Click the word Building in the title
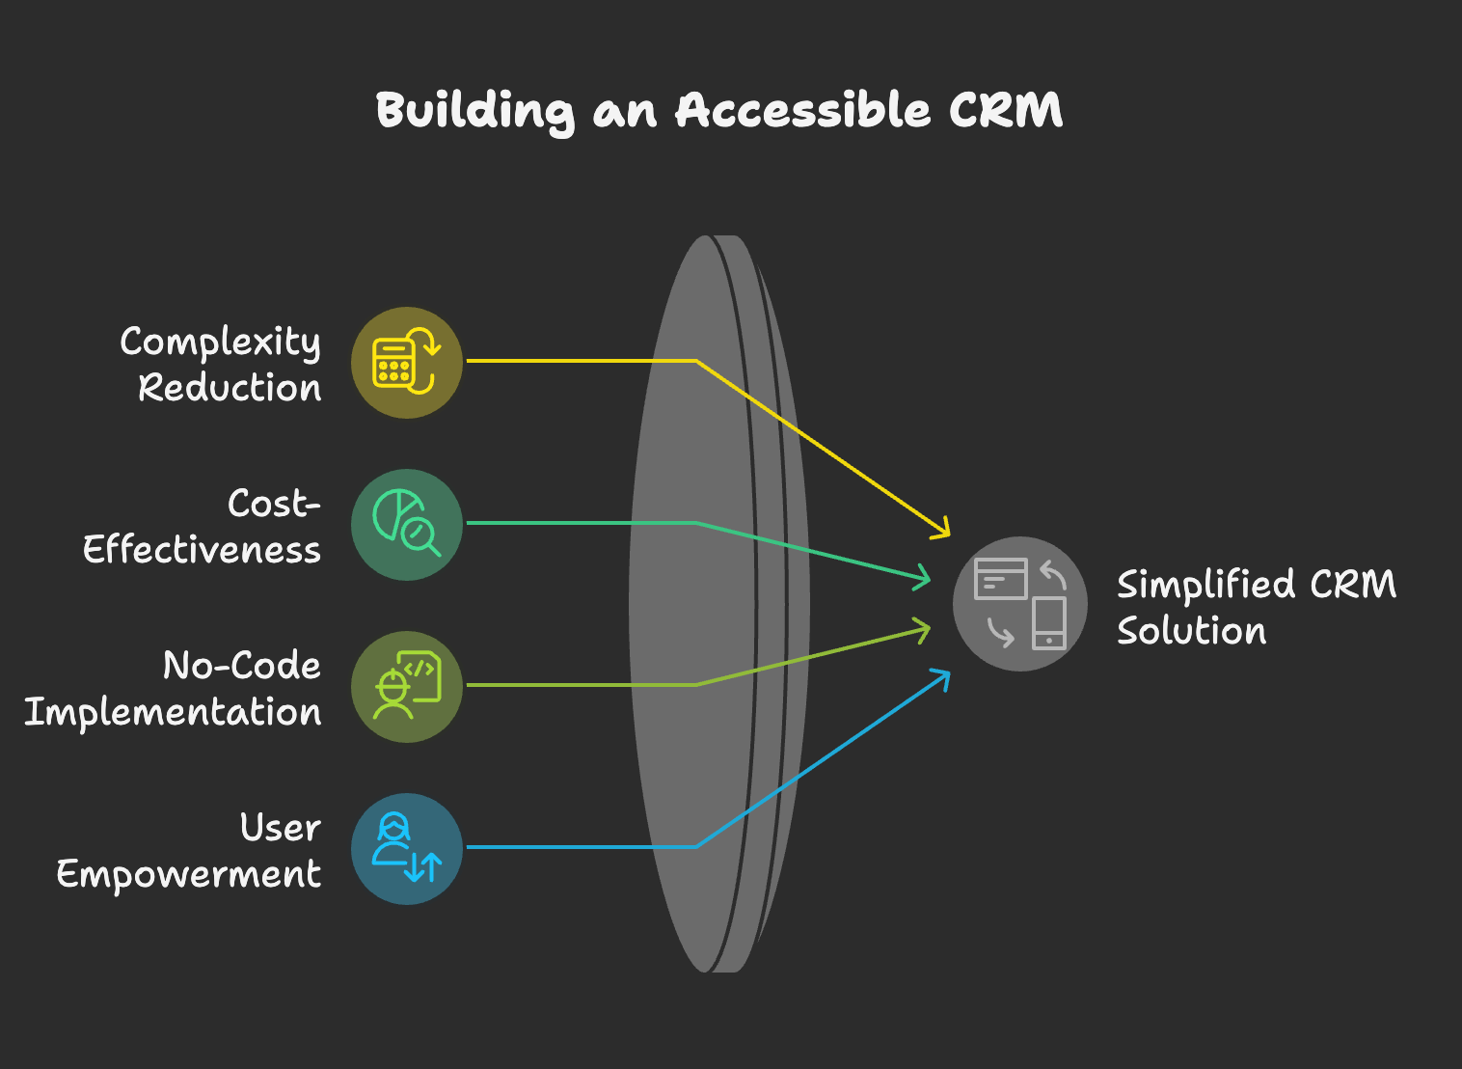click(475, 112)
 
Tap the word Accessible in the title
click(802, 109)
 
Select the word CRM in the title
click(1006, 109)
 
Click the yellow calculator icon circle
click(407, 363)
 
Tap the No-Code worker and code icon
click(407, 686)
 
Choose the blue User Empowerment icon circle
click(407, 848)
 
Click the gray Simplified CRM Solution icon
click(1019, 603)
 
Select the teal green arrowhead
click(922, 577)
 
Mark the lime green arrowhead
click(922, 631)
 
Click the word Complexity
click(221, 343)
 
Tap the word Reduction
click(230, 388)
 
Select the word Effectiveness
click(202, 549)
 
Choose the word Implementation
click(173, 711)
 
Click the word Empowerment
click(189, 874)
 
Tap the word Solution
click(1191, 630)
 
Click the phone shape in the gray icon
click(1049, 623)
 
